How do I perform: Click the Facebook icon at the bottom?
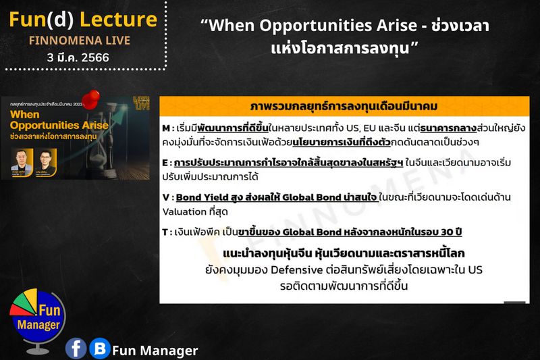[x=76, y=349]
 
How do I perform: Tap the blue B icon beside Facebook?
[x=100, y=349]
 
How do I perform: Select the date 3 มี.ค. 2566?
[x=79, y=57]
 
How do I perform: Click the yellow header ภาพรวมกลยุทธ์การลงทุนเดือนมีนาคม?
[x=344, y=107]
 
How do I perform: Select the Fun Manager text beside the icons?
[x=155, y=350]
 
